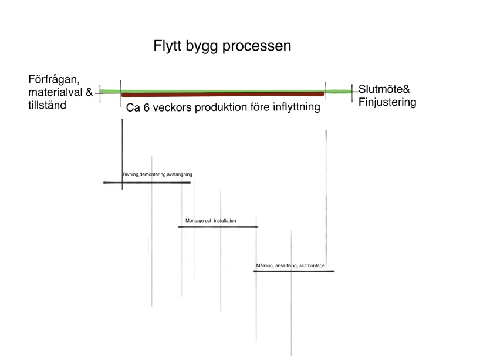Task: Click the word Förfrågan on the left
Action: tap(54, 79)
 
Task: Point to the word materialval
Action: tap(55, 92)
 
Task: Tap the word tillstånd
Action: tap(47, 105)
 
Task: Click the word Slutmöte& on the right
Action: tap(384, 89)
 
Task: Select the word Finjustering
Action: tap(387, 102)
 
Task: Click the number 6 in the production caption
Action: tap(146, 107)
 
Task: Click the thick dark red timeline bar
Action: tap(222, 95)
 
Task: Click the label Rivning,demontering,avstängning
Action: tap(157, 174)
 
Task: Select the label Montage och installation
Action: tap(211, 221)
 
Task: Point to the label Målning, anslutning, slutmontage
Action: tap(290, 265)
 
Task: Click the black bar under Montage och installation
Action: tap(218, 227)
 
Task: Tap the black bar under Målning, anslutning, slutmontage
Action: tap(294, 271)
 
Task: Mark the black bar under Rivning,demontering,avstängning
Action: tap(147, 183)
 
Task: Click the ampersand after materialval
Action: tap(89, 92)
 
